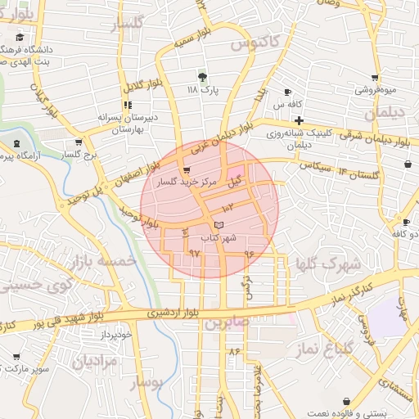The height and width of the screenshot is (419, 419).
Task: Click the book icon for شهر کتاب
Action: [218, 224]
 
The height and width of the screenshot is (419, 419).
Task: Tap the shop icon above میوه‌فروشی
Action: [375, 78]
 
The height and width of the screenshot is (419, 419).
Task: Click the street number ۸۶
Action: [236, 351]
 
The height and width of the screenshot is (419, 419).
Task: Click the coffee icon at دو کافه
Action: [406, 222]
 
